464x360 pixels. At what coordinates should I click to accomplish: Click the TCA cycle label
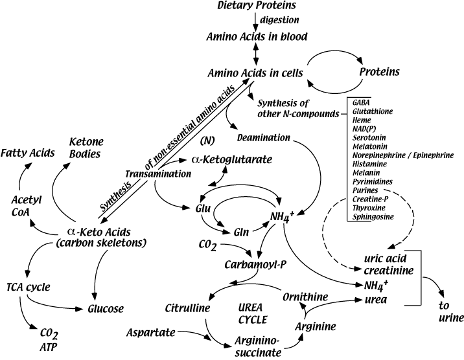click(x=29, y=286)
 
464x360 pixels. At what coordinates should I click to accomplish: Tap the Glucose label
click(x=106, y=308)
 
